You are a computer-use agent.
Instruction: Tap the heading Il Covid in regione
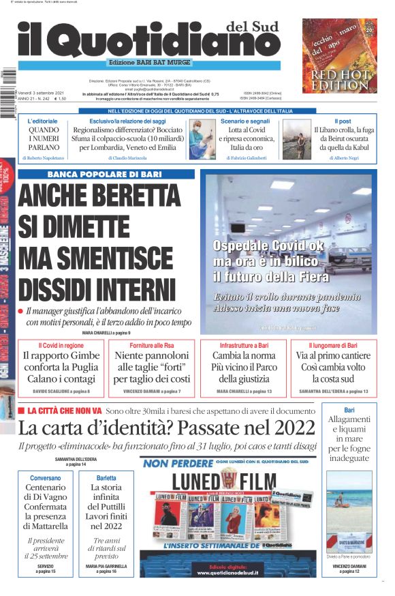tap(61, 346)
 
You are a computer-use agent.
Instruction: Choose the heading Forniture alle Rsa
tap(151, 346)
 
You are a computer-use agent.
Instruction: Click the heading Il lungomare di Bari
tap(333, 346)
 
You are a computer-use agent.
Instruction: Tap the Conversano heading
tap(45, 478)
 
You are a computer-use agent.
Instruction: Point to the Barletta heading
tap(106, 478)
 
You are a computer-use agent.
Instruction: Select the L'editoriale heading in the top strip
tap(43, 121)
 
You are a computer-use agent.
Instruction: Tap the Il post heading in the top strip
tap(343, 121)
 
